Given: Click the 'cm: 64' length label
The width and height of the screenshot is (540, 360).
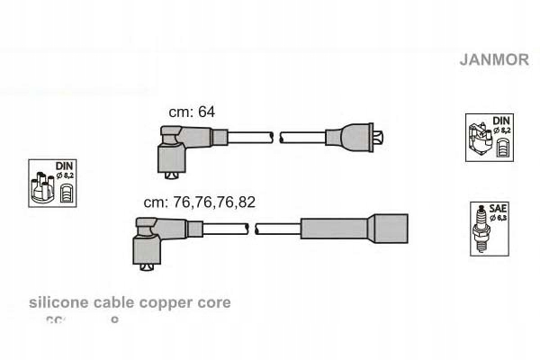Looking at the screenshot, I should [x=192, y=112].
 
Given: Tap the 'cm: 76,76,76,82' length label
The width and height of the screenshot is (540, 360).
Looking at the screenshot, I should [x=199, y=202].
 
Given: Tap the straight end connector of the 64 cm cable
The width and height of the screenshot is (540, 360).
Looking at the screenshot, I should [x=356, y=138].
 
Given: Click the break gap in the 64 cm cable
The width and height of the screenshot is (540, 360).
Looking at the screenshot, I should [x=276, y=138].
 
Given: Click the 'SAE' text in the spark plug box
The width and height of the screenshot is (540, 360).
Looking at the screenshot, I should [x=498, y=208].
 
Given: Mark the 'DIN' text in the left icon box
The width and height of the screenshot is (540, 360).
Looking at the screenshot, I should [x=63, y=166].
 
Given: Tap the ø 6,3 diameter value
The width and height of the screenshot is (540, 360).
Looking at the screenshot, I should [x=499, y=217].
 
